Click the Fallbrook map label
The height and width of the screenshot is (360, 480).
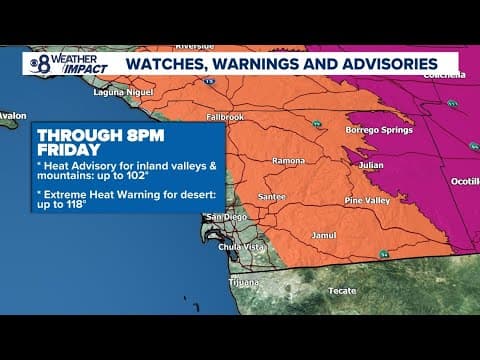pyautogui.click(x=225, y=117)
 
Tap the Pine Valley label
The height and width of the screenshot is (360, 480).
pyautogui.click(x=367, y=202)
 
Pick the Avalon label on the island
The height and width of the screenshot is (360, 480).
pyautogui.click(x=12, y=116)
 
